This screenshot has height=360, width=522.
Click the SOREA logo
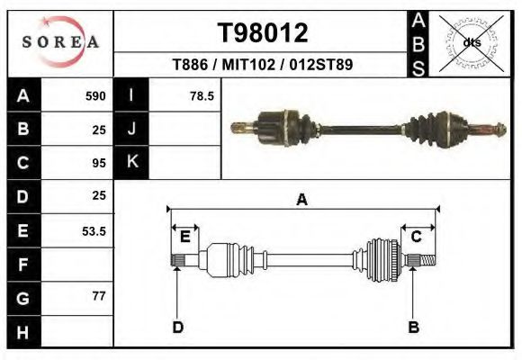click(60, 41)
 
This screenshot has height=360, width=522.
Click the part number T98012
click(263, 33)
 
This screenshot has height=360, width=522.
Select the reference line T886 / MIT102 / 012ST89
click(262, 66)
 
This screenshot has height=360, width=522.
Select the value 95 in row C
click(99, 163)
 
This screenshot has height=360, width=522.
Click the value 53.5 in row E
click(94, 231)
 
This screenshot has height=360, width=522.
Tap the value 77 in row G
click(99, 296)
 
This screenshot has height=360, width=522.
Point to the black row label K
click(132, 163)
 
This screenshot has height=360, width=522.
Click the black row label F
click(22, 265)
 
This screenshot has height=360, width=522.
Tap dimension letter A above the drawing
click(302, 200)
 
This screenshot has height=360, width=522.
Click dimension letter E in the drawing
click(184, 237)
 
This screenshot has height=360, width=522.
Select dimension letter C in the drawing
click(417, 237)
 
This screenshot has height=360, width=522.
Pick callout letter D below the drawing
click(178, 327)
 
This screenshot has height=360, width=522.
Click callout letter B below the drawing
click(413, 327)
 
